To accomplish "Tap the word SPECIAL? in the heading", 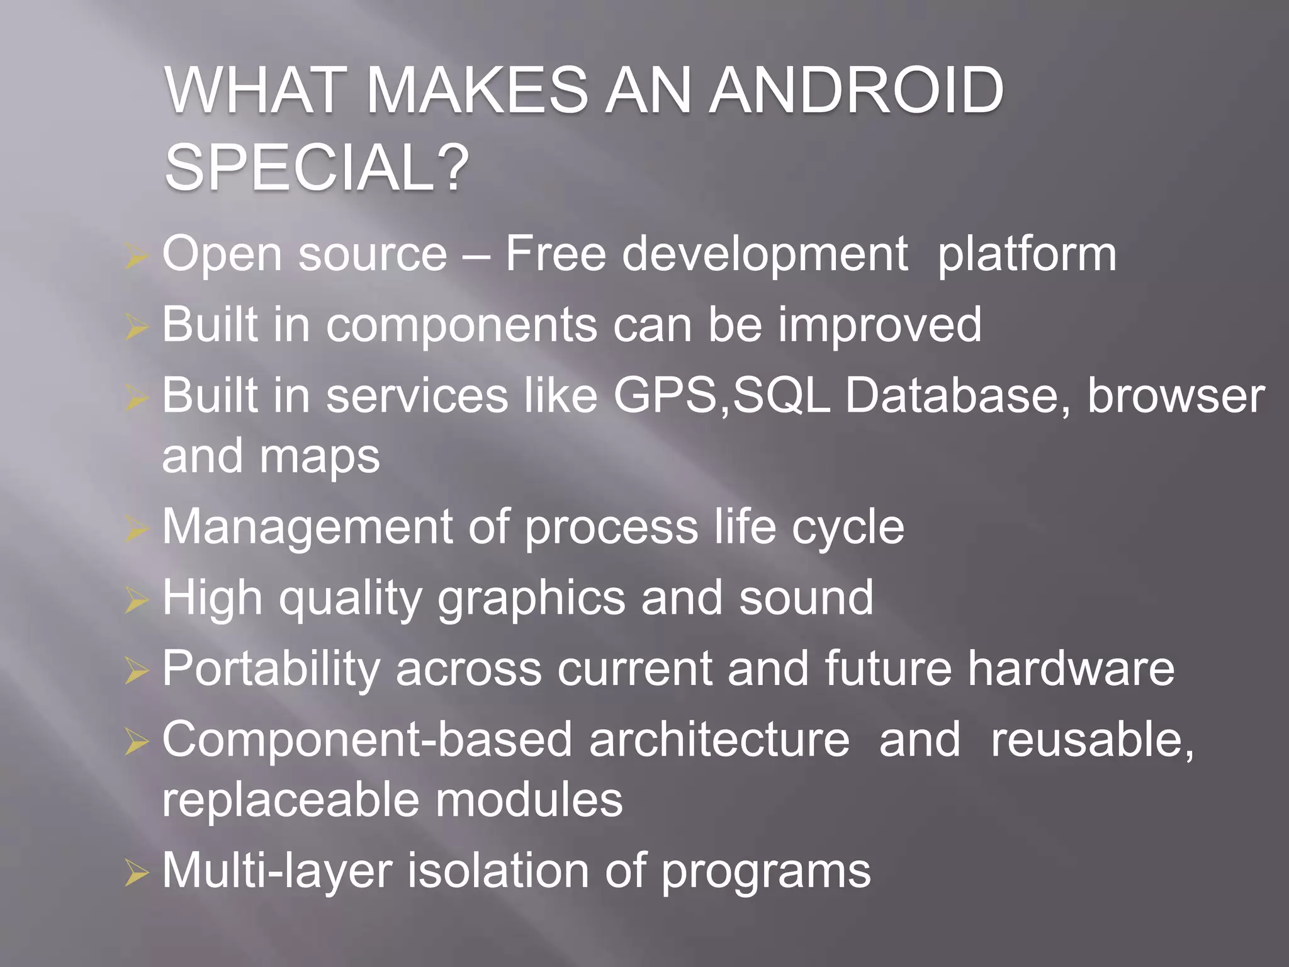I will coord(317,167).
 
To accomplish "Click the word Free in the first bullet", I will coord(555,254).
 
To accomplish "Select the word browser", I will coord(1176,397).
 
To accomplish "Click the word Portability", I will coord(271,670).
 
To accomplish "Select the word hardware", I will coord(1071,669).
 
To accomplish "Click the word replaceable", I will coord(290,800).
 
